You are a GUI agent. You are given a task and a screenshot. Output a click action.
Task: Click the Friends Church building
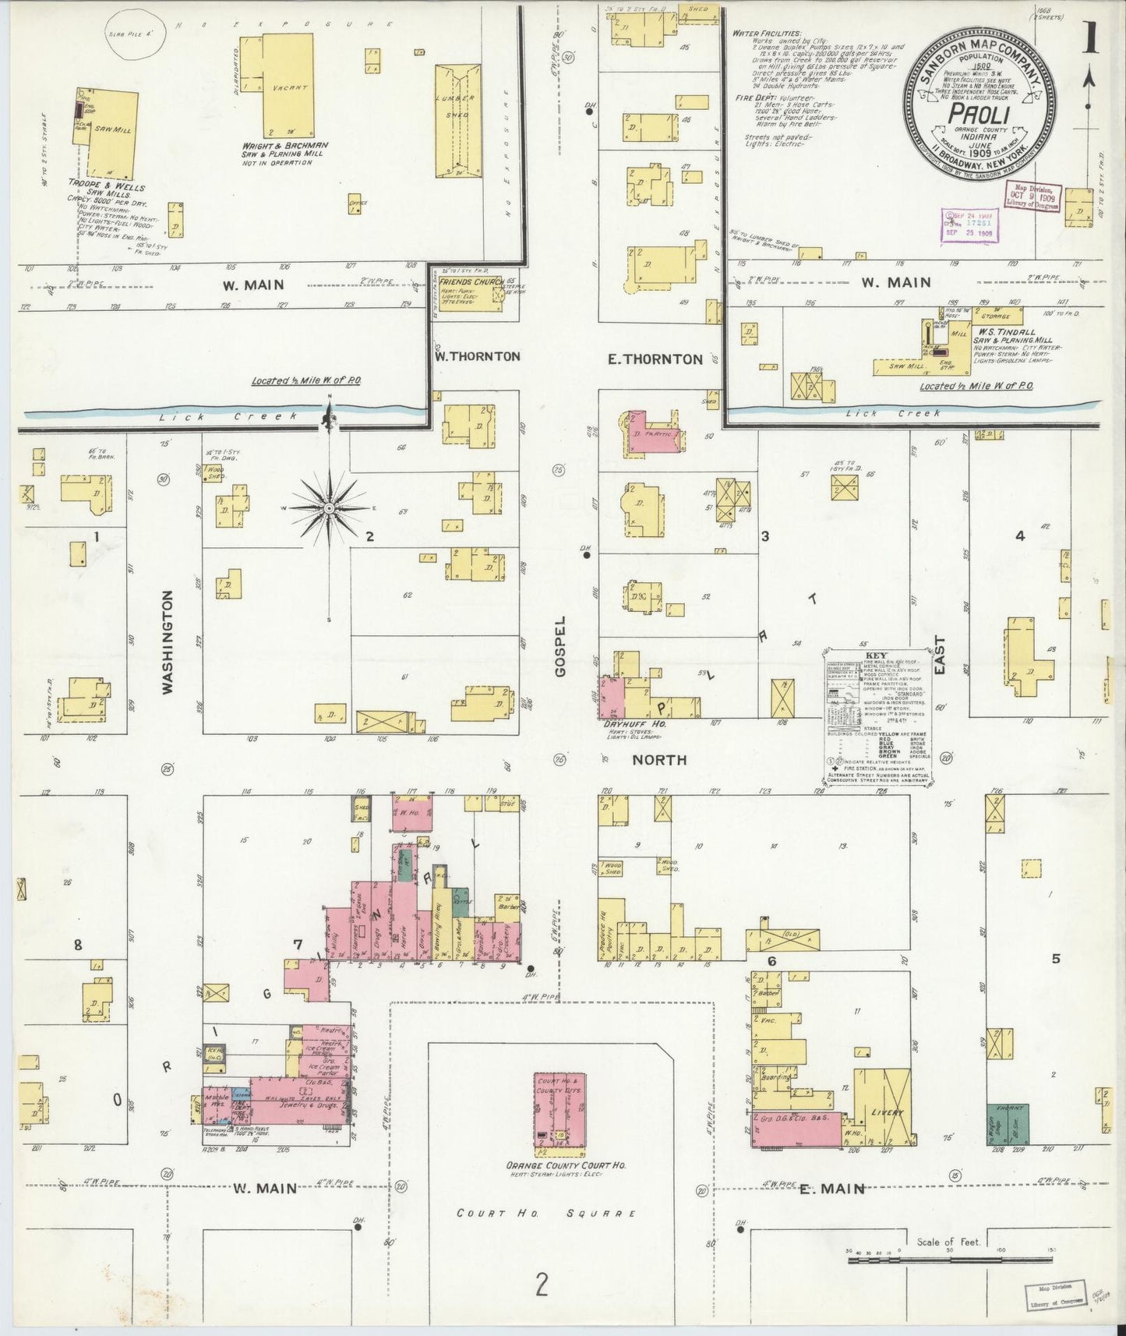pyautogui.click(x=468, y=293)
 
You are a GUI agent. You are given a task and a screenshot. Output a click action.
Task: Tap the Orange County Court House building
pyautogui.click(x=559, y=1114)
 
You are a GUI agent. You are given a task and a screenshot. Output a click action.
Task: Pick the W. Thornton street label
pyautogui.click(x=478, y=356)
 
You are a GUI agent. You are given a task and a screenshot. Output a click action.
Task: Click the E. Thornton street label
pyautogui.click(x=655, y=359)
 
